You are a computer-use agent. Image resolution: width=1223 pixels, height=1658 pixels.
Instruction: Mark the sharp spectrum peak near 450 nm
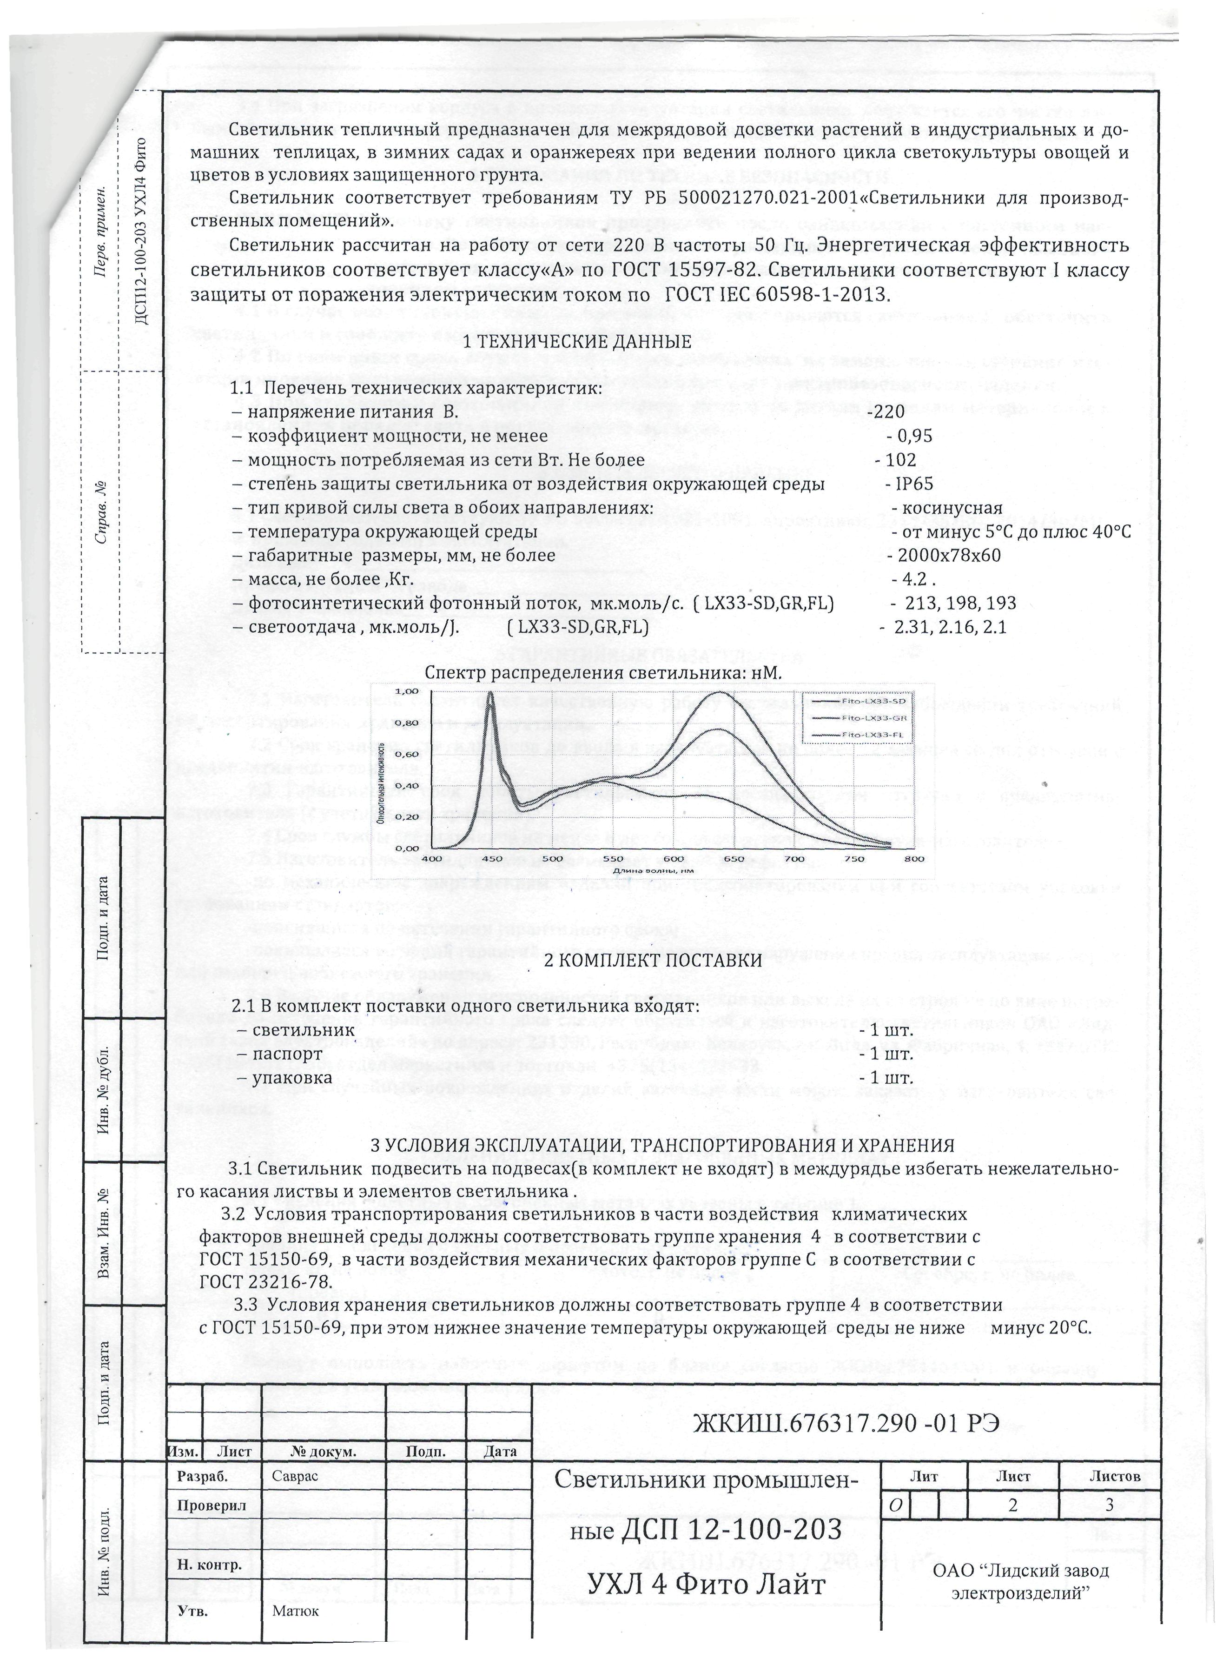tap(491, 694)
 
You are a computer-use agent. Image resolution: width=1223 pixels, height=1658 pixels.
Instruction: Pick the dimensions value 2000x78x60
tap(948, 556)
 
